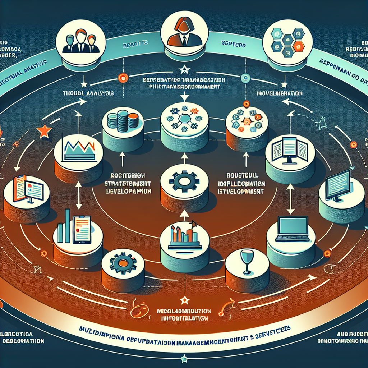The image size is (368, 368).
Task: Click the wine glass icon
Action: (x=247, y=261)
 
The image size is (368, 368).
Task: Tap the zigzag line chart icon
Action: (x=78, y=146)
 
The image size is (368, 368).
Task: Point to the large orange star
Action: (x=44, y=132)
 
